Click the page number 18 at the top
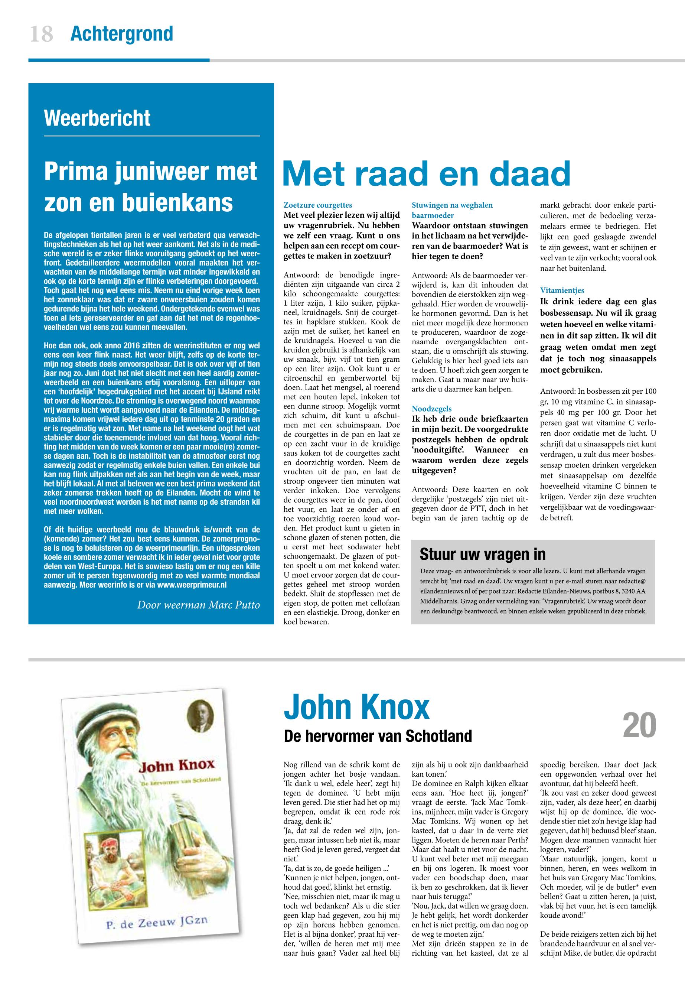[x=41, y=34]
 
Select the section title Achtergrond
[x=121, y=34]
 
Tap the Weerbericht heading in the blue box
[x=97, y=118]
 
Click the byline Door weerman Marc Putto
[x=198, y=605]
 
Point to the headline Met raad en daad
[x=427, y=174]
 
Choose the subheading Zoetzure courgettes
[x=317, y=205]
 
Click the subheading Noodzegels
[x=432, y=409]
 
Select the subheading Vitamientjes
[x=562, y=290]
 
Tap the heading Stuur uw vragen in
[x=482, y=554]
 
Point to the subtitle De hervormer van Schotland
[x=378, y=736]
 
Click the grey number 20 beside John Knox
[x=639, y=725]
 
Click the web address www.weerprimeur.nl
[x=192, y=585]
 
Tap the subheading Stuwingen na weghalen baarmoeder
[x=452, y=210]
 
